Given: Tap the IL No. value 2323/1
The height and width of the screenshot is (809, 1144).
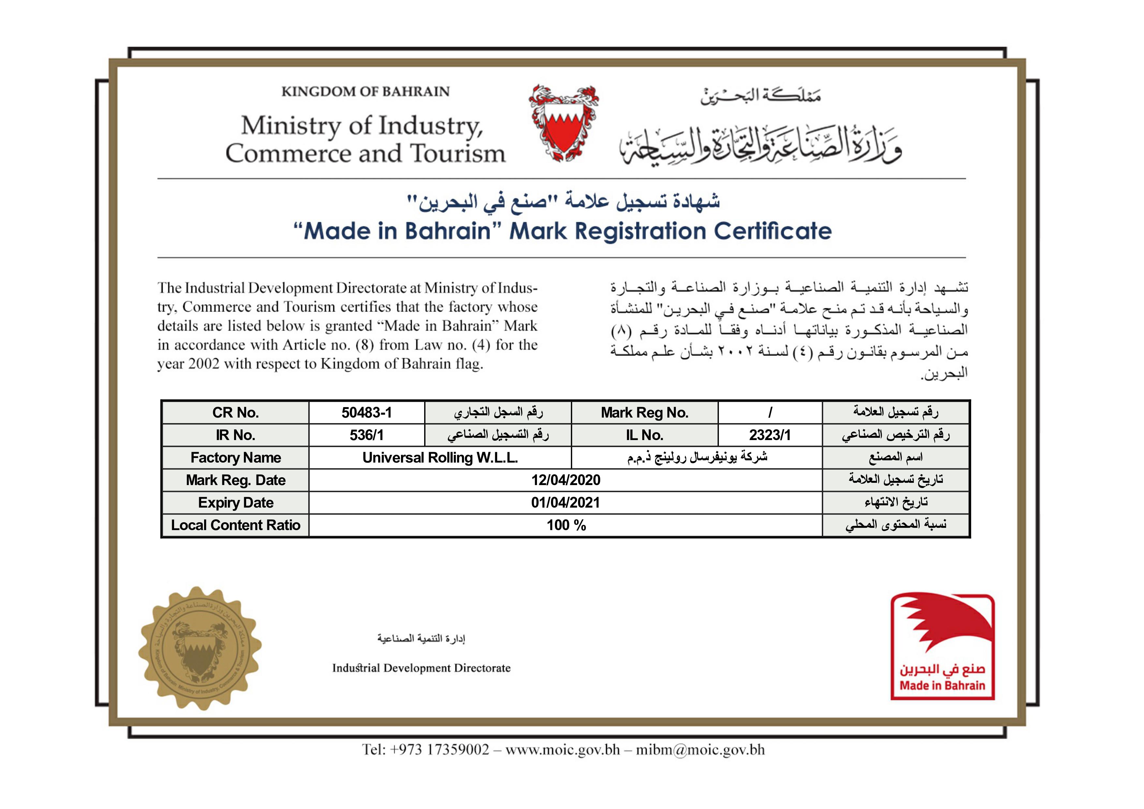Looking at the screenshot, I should pos(769,435).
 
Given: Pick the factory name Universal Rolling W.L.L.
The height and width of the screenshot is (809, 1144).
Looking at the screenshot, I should pos(440,458).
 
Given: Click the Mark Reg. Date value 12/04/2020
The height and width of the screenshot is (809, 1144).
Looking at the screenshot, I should pos(566,480).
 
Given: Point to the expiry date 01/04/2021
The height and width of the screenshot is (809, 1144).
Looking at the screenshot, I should pos(566,502).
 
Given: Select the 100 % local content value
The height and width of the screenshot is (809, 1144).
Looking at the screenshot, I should pos(566,525).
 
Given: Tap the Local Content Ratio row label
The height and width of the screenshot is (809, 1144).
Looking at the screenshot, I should pos(236,525).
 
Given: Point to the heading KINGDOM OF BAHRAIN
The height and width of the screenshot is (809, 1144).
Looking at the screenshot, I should pos(365,92).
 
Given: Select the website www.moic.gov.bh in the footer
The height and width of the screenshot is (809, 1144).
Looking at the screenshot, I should pos(562,750).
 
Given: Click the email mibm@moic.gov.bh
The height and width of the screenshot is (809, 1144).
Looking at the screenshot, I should pos(700,750).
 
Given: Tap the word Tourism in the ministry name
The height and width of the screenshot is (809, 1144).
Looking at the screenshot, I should pos(457,154).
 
